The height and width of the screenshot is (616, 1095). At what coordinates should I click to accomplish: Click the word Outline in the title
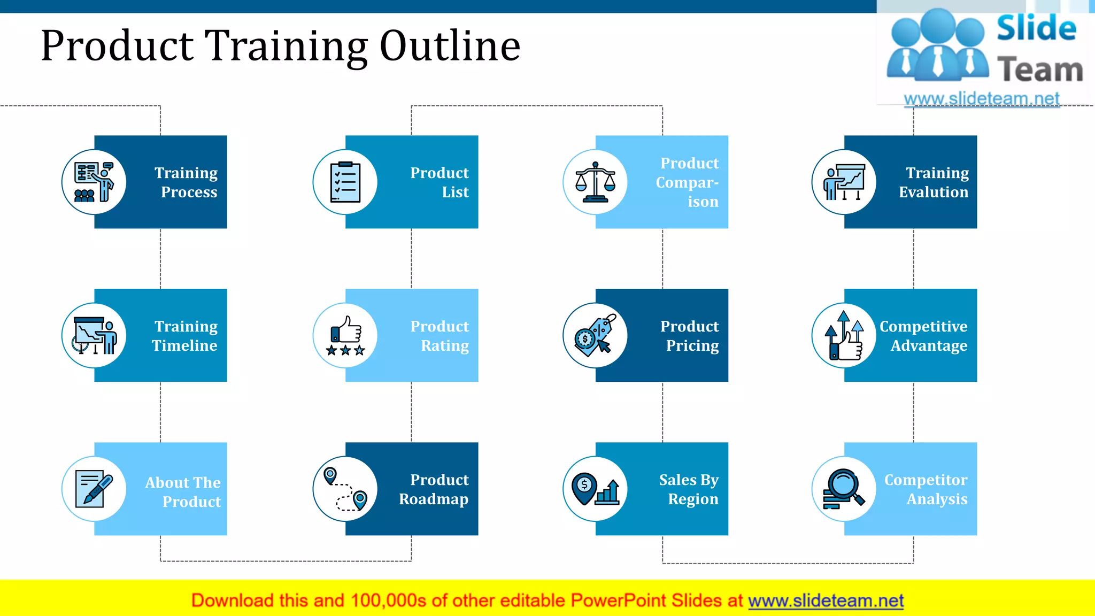[450, 46]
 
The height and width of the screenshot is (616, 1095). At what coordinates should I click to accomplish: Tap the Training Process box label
[186, 182]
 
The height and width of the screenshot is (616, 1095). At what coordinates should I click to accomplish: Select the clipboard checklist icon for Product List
[345, 182]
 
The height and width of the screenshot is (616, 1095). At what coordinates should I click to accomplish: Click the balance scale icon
[595, 182]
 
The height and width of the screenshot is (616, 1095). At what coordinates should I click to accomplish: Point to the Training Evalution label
[934, 182]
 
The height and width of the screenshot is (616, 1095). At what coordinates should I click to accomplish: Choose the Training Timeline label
[185, 336]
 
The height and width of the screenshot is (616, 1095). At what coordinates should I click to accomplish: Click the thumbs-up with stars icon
[345, 336]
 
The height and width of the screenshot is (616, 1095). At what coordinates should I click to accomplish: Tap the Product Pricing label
[689, 336]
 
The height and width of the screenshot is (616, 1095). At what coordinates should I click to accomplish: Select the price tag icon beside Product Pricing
[595, 336]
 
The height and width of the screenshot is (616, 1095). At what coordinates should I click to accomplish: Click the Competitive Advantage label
[924, 336]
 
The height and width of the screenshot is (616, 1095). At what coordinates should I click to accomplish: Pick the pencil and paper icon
[94, 489]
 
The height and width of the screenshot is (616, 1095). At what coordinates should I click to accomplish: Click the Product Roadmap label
[434, 489]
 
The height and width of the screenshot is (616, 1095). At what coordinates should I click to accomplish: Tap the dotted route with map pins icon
[345, 489]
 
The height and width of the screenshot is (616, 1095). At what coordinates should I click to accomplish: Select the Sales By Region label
[689, 489]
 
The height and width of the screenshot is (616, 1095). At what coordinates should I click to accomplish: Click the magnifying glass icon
[844, 488]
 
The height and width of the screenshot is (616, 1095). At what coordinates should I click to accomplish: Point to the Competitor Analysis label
[926, 489]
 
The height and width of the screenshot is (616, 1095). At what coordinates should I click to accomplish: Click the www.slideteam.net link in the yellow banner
[826, 600]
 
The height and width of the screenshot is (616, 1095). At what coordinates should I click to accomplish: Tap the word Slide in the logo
[1036, 28]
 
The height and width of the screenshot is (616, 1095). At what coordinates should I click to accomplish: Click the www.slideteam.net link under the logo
[981, 98]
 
